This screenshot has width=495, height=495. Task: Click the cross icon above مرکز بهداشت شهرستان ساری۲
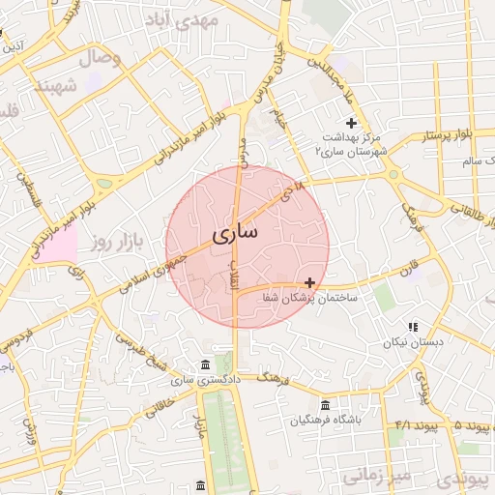tap(351, 123)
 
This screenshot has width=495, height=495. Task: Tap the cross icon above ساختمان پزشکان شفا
tap(309, 282)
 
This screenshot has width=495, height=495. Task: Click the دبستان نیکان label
tap(413, 342)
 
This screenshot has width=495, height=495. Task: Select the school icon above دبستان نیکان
tap(413, 328)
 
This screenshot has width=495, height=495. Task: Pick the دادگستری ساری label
tap(204, 380)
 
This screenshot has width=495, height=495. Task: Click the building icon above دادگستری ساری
tap(204, 364)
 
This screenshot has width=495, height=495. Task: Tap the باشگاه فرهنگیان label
tap(325, 421)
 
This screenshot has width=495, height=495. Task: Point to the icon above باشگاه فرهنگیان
tap(325, 405)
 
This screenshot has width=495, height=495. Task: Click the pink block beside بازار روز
tap(58, 246)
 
